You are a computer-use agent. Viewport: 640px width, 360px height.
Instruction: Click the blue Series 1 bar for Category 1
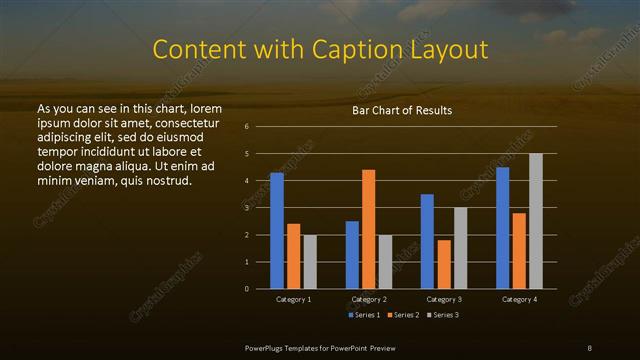click(x=277, y=231)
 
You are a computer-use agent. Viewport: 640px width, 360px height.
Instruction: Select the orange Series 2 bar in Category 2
click(x=368, y=229)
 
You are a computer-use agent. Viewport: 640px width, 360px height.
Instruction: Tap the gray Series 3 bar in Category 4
click(x=536, y=221)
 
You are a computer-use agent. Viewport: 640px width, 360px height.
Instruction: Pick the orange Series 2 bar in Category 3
click(x=443, y=264)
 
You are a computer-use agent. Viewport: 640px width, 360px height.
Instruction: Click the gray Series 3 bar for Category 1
click(x=310, y=262)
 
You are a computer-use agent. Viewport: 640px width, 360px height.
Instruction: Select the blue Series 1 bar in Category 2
click(x=352, y=255)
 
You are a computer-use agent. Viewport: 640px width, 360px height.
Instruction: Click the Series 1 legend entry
click(x=362, y=315)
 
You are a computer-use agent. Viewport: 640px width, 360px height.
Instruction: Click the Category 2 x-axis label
click(x=368, y=299)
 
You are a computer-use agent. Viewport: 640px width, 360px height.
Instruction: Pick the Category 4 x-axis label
click(x=519, y=299)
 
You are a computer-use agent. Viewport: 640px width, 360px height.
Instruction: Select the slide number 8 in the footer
click(x=589, y=346)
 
